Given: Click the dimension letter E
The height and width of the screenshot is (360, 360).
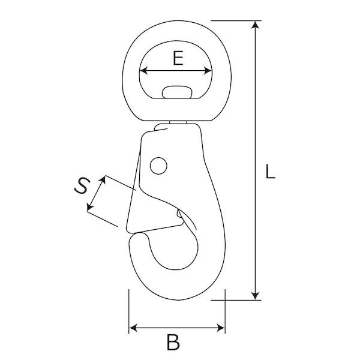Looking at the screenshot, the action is pyautogui.click(x=178, y=58).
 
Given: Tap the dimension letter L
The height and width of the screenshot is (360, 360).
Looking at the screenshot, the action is pyautogui.click(x=270, y=171).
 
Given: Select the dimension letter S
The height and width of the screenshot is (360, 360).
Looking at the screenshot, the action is pyautogui.click(x=82, y=186).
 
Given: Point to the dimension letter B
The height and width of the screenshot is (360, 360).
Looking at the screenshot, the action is pyautogui.click(x=173, y=342).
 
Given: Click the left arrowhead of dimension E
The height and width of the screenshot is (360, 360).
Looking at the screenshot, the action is pyautogui.click(x=143, y=70).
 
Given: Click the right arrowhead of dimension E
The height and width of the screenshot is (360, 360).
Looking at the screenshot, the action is pyautogui.click(x=208, y=70).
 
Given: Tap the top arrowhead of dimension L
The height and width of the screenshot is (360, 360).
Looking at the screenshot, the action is pyautogui.click(x=255, y=25).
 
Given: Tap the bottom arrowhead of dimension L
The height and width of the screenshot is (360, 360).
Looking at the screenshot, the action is pyautogui.click(x=255, y=296).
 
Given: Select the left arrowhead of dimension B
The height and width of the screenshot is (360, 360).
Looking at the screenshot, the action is pyautogui.click(x=133, y=328).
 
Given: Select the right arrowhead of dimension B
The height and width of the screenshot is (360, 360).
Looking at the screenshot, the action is pyautogui.click(x=221, y=328).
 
